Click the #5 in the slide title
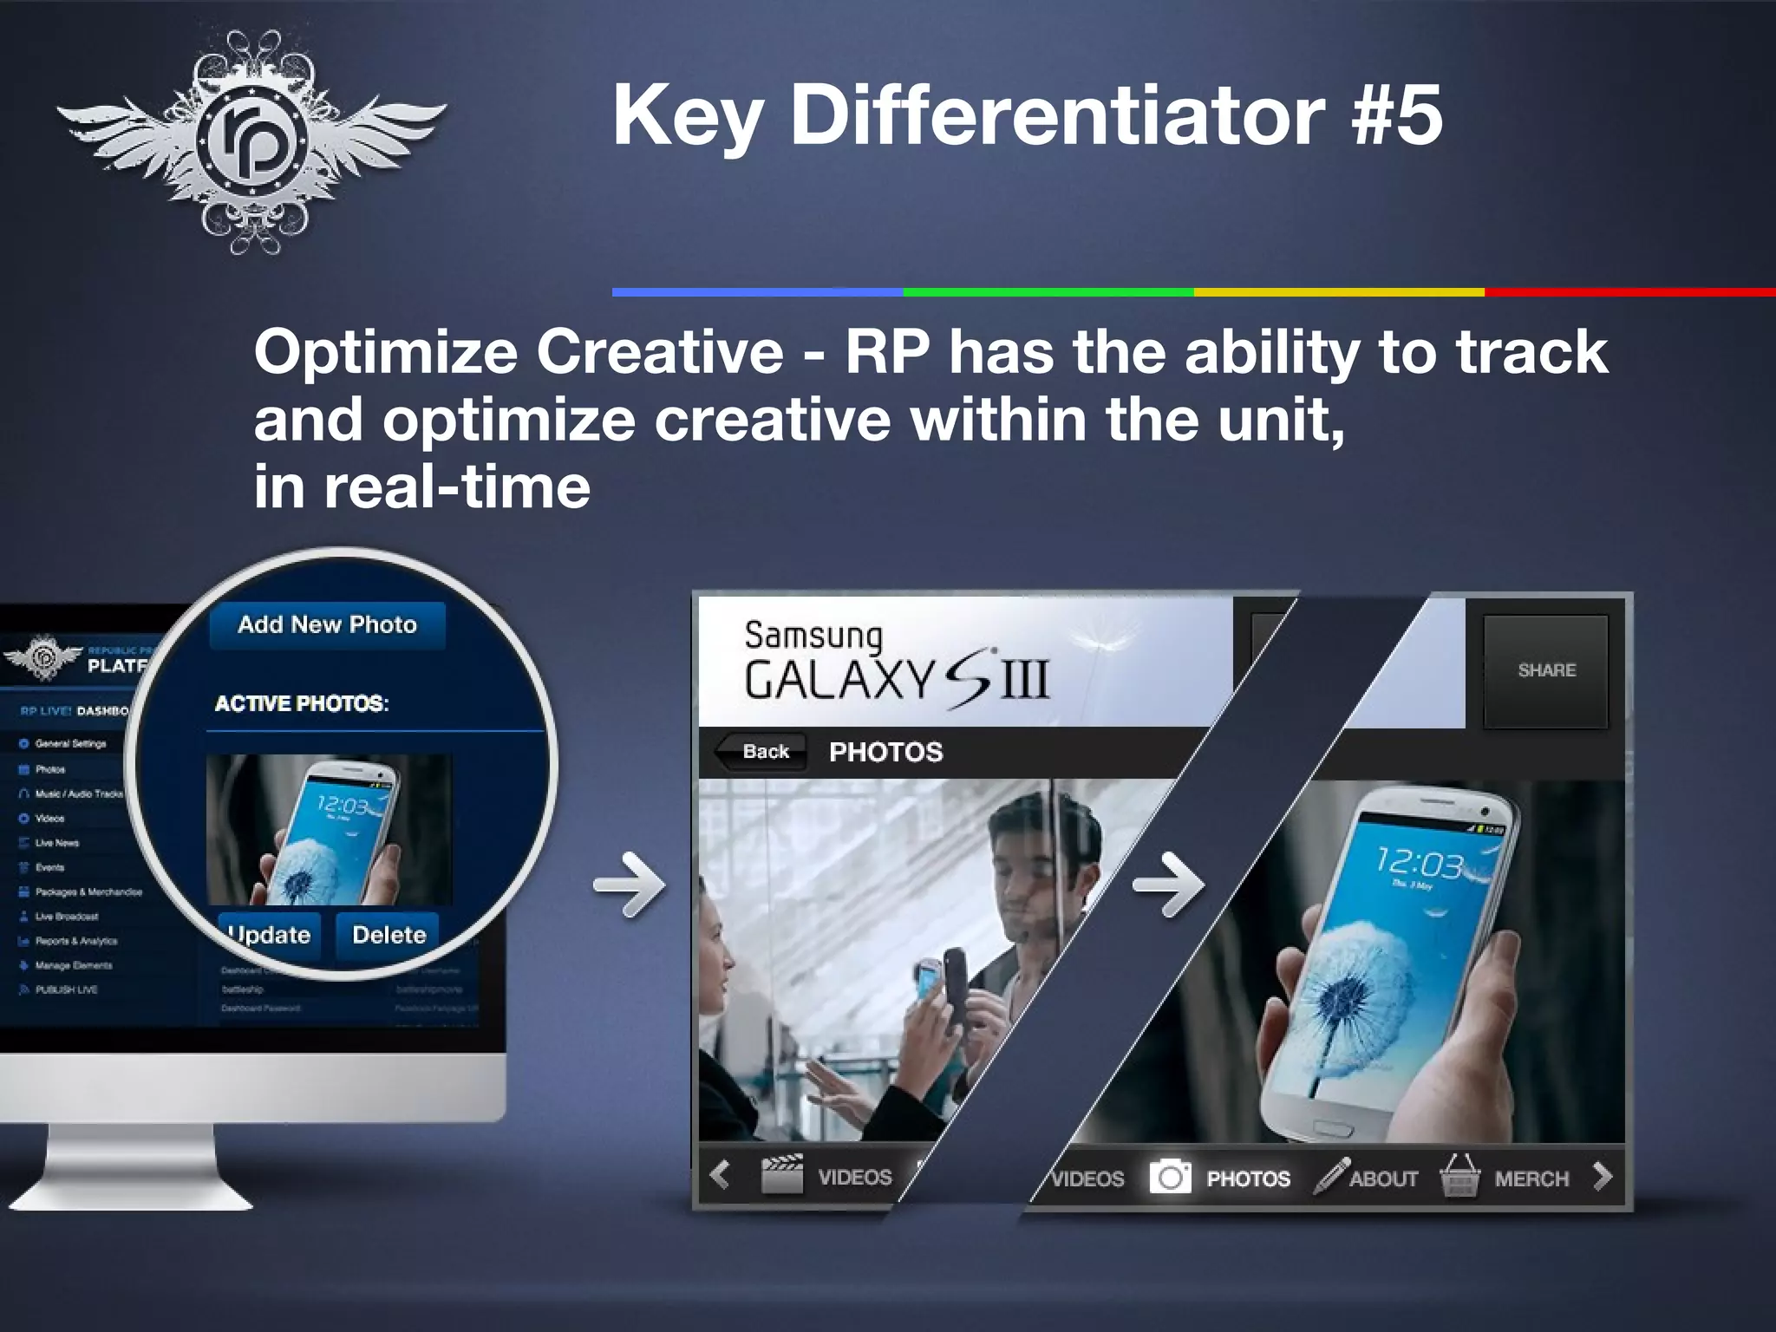(1397, 115)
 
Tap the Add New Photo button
(327, 624)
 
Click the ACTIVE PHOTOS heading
(301, 703)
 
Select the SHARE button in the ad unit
(1546, 670)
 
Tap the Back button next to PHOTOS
(764, 751)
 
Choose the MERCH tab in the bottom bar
(1531, 1179)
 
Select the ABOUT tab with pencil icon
(1382, 1179)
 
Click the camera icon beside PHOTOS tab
(1170, 1177)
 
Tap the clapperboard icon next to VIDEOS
(781, 1175)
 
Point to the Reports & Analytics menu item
(75, 941)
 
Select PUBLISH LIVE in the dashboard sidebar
(66, 989)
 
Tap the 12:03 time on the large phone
(1419, 862)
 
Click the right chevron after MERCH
(1602, 1177)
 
